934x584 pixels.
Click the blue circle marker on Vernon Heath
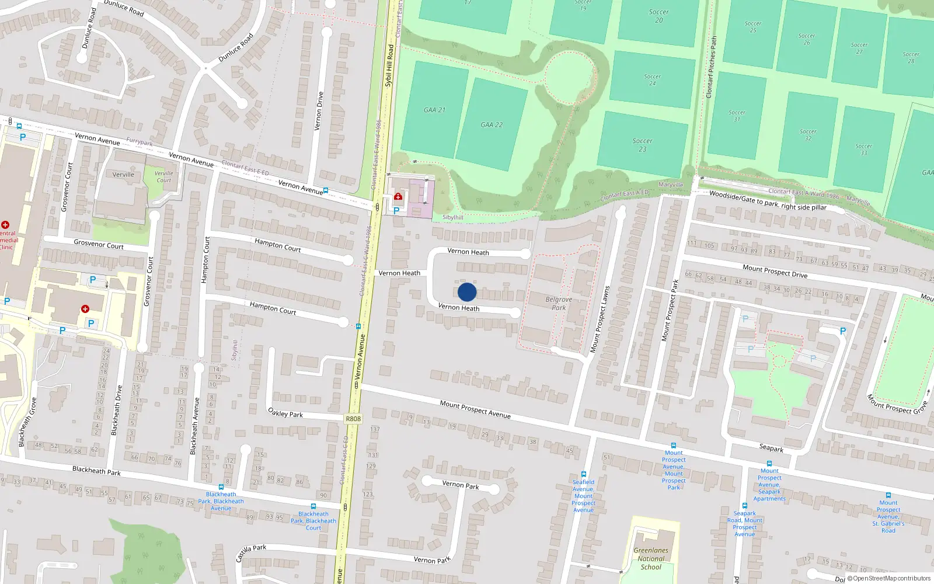point(467,292)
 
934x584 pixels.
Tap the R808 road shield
point(353,419)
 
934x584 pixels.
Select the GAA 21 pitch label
point(434,110)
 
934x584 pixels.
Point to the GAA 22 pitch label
point(492,124)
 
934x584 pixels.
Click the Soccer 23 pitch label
point(642,145)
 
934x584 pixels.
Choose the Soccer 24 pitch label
point(652,80)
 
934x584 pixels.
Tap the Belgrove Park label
point(559,303)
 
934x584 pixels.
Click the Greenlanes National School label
point(651,558)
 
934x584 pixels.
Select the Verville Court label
point(163,176)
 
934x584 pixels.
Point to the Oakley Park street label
point(285,413)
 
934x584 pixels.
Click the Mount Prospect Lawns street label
point(600,319)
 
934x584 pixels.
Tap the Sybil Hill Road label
point(389,65)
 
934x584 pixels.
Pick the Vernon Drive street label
point(319,111)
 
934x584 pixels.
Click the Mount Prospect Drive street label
point(775,271)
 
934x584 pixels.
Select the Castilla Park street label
point(251,552)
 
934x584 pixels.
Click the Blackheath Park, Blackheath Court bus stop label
point(313,520)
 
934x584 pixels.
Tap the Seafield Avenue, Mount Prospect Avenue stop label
point(583,496)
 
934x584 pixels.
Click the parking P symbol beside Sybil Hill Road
point(396,211)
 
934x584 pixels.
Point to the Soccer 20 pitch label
point(658,16)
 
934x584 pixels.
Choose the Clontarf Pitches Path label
point(712,67)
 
